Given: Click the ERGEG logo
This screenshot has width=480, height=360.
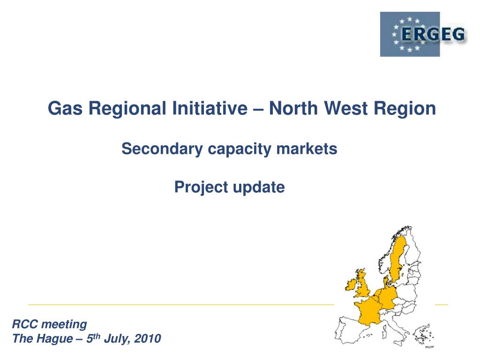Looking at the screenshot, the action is click(423, 34).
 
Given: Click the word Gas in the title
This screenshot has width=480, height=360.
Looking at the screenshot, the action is click(65, 108).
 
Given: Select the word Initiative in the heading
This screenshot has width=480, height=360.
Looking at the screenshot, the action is click(210, 108).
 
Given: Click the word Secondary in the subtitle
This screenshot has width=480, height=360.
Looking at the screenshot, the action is click(162, 149).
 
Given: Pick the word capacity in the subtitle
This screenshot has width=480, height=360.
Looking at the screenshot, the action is click(240, 150).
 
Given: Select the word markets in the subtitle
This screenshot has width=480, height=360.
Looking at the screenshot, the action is click(307, 149).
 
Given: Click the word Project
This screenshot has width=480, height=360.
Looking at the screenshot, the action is click(201, 187).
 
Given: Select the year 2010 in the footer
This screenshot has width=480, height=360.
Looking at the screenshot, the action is click(148, 338).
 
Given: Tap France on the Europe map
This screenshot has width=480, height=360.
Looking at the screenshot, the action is click(368, 312).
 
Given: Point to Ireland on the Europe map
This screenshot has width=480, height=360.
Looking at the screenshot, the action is click(351, 285).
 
